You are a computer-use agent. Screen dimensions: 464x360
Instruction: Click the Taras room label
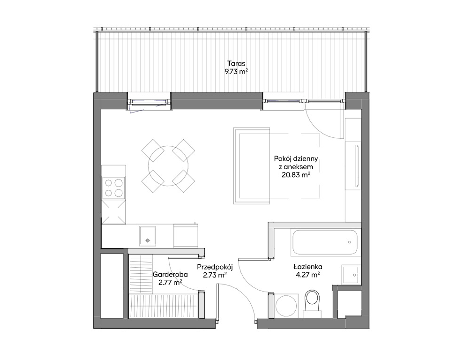coord(236,63)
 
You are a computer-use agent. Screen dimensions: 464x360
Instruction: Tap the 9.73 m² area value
coord(236,72)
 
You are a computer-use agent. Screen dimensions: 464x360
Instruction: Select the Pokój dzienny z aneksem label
coord(296,163)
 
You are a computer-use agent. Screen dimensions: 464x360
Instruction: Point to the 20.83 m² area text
coord(296,175)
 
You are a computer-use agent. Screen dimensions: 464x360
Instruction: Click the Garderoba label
coord(170,274)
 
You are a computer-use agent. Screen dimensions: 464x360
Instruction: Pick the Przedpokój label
coord(215,267)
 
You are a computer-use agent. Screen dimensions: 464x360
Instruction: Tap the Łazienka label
coord(308,267)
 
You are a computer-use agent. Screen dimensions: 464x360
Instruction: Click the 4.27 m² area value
coord(308,275)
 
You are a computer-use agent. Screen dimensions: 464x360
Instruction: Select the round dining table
coord(168,166)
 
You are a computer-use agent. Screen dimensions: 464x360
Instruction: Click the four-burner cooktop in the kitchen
coord(113,188)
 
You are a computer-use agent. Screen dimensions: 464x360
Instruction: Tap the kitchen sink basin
coord(148,236)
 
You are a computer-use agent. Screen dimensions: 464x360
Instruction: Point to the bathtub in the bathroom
coord(324,242)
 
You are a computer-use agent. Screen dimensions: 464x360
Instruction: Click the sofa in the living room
coord(252,166)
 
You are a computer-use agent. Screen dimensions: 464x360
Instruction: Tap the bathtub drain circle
coord(350,242)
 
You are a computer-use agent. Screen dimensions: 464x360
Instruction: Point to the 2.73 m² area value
coord(215,275)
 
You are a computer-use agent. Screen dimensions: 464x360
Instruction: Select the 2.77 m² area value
coord(170,283)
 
